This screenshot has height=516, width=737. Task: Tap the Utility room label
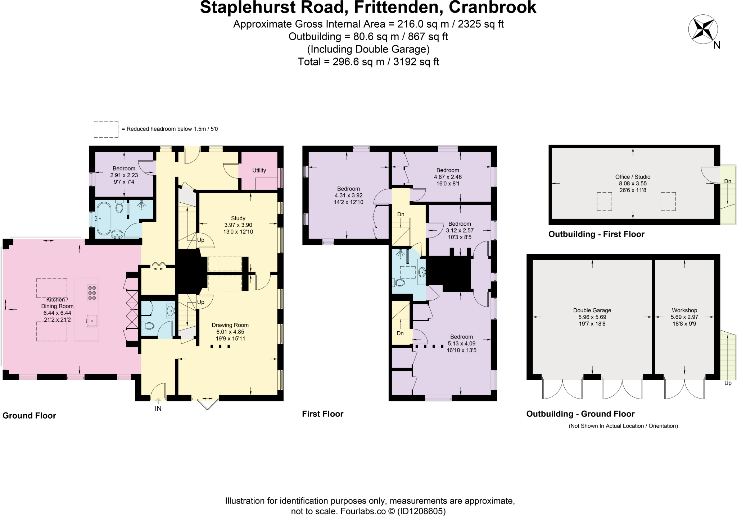coord(259,170)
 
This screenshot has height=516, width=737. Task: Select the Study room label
coord(238,218)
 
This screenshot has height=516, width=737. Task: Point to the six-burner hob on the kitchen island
coord(92,293)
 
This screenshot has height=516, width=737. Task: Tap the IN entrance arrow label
coord(158,408)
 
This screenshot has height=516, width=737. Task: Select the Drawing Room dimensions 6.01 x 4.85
coord(230,332)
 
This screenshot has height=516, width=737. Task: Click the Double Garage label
coord(592,310)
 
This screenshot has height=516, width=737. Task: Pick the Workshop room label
coord(684,310)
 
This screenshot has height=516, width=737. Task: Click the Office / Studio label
coord(633,177)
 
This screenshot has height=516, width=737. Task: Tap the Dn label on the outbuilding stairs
coord(728,181)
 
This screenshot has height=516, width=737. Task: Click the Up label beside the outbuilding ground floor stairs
coord(728,383)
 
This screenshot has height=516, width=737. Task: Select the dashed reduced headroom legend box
coord(106,129)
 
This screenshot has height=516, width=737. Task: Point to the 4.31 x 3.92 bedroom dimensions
coord(348,195)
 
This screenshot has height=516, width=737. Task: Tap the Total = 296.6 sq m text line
coord(368,62)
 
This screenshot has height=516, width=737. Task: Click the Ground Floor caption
coord(29,416)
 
